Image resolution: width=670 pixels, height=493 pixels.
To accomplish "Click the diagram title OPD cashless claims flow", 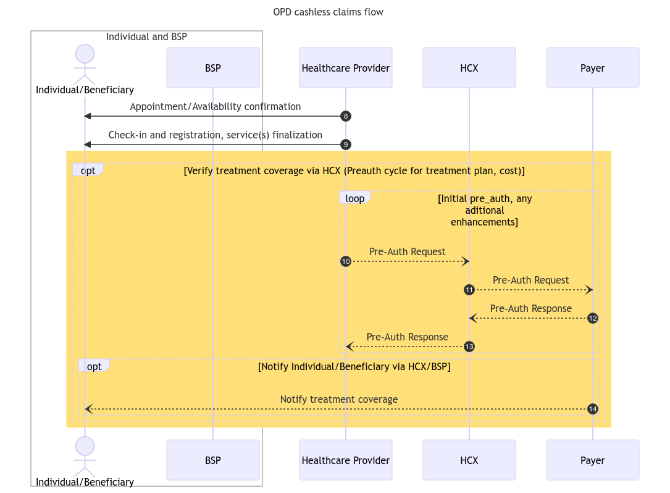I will click(328, 12).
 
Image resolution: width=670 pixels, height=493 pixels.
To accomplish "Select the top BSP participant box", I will click(212, 68).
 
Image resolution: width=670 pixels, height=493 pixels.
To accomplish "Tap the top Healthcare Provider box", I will click(345, 68).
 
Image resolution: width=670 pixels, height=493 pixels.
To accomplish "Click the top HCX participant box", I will click(469, 68).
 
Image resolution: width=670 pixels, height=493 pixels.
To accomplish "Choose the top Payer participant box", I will click(592, 68).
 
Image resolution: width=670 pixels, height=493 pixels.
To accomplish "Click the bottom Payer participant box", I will click(592, 460).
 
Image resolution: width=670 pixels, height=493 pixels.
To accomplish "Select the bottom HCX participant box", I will click(469, 460).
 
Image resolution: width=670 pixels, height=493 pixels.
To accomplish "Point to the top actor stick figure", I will click(85, 64).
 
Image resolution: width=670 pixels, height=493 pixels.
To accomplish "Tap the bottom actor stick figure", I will click(85, 457).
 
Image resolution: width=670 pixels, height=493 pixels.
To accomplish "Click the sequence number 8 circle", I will click(346, 116).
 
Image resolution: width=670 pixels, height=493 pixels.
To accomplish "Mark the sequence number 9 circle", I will click(346, 145).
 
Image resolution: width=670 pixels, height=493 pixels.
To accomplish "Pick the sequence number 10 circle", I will click(346, 262).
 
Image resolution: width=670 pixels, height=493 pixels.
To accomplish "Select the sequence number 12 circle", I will click(593, 319).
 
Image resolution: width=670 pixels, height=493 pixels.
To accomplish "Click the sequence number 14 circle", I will click(593, 409).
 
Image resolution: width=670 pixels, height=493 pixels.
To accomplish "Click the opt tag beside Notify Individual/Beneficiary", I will click(94, 366).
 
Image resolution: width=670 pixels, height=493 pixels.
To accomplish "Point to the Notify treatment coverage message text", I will click(338, 399).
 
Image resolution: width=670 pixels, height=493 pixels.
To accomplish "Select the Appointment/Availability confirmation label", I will click(215, 106).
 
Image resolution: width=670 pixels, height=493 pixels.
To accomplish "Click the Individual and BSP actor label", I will click(146, 36).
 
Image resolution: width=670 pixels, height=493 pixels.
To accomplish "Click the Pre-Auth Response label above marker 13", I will click(407, 337).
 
